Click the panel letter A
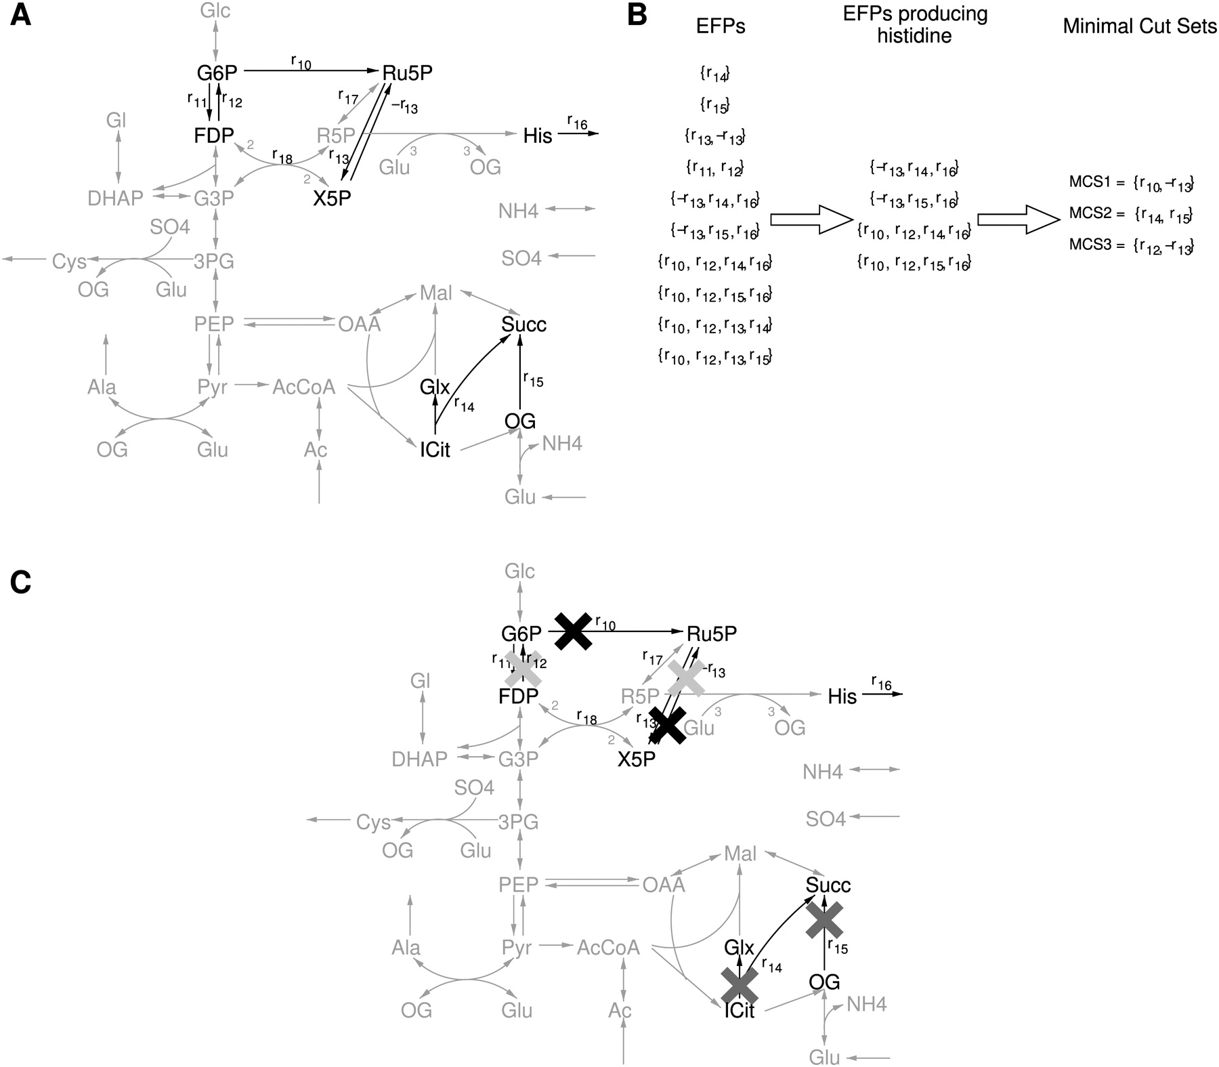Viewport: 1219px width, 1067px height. [20, 15]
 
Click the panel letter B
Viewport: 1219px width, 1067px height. [637, 15]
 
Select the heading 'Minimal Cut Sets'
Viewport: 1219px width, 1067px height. [1140, 26]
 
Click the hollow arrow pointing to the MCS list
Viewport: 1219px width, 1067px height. [1018, 219]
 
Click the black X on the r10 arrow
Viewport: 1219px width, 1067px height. [574, 631]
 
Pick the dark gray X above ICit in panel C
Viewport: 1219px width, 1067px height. [740, 985]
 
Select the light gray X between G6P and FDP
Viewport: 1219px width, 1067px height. [523, 667]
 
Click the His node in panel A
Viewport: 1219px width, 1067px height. [538, 136]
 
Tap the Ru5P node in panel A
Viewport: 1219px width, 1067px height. [407, 73]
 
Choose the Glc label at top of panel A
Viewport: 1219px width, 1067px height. [215, 11]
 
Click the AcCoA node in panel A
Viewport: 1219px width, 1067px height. [304, 387]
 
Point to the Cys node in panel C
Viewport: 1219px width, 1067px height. [373, 822]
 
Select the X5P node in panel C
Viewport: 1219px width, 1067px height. [637, 759]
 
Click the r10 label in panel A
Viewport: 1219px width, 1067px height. [301, 62]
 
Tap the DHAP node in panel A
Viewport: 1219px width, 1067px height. [115, 198]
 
